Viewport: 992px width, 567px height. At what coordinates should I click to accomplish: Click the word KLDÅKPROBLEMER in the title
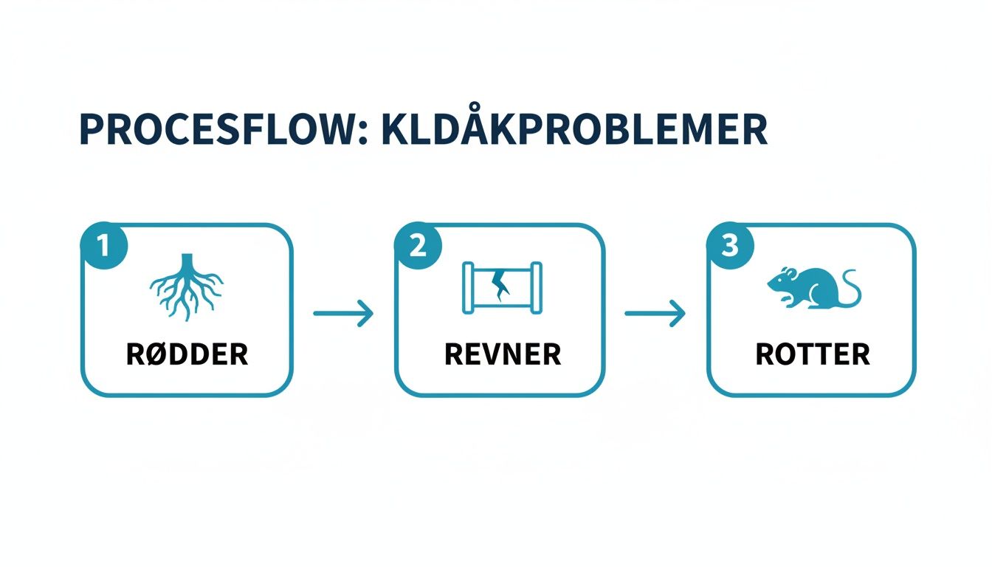point(573,129)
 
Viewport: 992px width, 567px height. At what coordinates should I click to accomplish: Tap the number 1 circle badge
point(104,245)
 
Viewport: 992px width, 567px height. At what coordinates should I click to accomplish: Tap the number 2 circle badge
point(418,245)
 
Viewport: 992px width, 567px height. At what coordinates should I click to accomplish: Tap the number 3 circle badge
point(729,245)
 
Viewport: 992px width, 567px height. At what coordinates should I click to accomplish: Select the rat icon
point(812,286)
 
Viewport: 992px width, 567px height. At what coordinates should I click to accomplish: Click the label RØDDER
point(187,355)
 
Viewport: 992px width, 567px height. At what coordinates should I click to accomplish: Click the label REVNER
point(502,355)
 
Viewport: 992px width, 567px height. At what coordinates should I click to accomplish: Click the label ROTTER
point(813,355)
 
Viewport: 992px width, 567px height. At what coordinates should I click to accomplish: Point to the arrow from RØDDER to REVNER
point(343,314)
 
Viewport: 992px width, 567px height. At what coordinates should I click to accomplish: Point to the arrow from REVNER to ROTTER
point(655,314)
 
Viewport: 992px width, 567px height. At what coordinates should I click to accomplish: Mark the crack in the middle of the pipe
point(502,285)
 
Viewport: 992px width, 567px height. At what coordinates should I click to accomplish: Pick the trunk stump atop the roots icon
point(187,261)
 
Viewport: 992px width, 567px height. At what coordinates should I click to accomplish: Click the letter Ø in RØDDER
point(155,355)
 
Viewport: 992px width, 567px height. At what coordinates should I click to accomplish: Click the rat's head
point(779,282)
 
